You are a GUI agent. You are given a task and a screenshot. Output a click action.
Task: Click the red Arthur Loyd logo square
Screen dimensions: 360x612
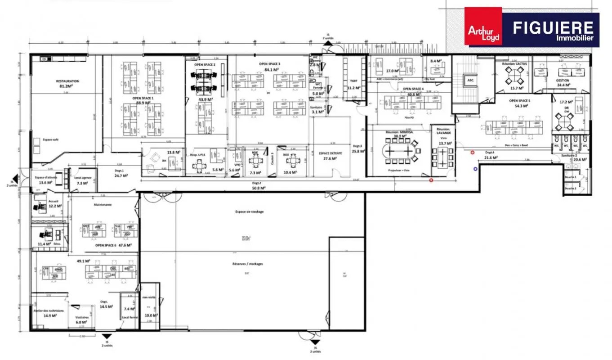pos(483,26)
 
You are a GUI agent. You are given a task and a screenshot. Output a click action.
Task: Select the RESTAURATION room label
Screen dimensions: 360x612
pos(67,81)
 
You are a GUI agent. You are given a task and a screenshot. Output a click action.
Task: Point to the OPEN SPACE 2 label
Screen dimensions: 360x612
pos(205,65)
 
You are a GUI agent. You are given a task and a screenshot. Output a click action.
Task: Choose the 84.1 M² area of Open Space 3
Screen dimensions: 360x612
pos(270,70)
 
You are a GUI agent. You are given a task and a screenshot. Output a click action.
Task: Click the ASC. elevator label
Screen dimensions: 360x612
pos(471,80)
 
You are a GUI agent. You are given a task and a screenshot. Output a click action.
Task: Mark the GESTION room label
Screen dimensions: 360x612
pos(563,81)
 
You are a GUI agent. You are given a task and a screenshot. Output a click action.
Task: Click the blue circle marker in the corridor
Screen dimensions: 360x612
pos(475,169)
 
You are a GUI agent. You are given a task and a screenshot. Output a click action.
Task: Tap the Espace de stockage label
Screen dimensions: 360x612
pos(249,211)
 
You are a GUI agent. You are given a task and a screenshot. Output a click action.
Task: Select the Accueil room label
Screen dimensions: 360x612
pos(53,201)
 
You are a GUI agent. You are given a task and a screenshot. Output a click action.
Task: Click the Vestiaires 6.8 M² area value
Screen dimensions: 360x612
pos(81,322)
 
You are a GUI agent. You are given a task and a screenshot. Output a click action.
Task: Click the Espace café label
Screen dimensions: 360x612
pos(51,139)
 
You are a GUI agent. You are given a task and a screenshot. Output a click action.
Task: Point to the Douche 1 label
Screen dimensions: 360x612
pos(571,177)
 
